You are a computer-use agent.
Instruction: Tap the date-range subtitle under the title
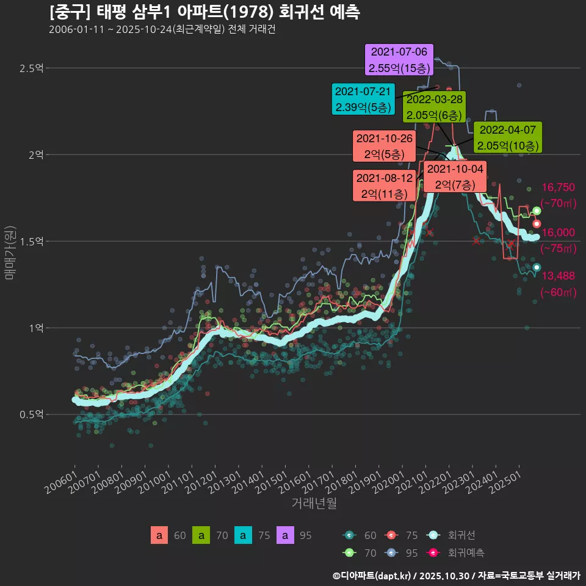[x=162, y=30]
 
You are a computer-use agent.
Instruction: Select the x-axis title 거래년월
[x=314, y=504]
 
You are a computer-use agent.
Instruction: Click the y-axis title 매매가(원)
[x=9, y=252]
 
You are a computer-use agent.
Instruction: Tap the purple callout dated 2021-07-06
[x=399, y=59]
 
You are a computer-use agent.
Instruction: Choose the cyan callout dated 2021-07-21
[x=363, y=99]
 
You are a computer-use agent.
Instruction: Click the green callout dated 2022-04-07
[x=507, y=137]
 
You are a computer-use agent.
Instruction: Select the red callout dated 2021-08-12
[x=384, y=186]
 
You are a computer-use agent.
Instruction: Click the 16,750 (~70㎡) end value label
[x=559, y=195]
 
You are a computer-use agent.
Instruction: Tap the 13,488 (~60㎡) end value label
[x=559, y=284]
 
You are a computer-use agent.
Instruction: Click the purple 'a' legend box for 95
[x=285, y=536]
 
